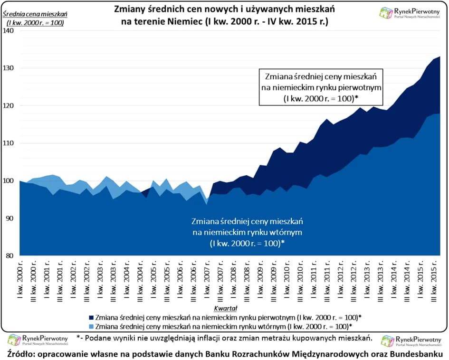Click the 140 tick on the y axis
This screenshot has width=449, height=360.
[10, 31]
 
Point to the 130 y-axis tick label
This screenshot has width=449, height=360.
[10, 68]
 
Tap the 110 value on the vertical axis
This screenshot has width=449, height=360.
[10, 143]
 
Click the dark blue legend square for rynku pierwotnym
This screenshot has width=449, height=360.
[90, 317]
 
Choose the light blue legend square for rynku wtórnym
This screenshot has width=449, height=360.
[90, 326]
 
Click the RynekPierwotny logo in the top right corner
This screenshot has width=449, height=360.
[410, 12]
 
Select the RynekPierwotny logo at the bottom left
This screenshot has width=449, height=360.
[38, 341]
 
